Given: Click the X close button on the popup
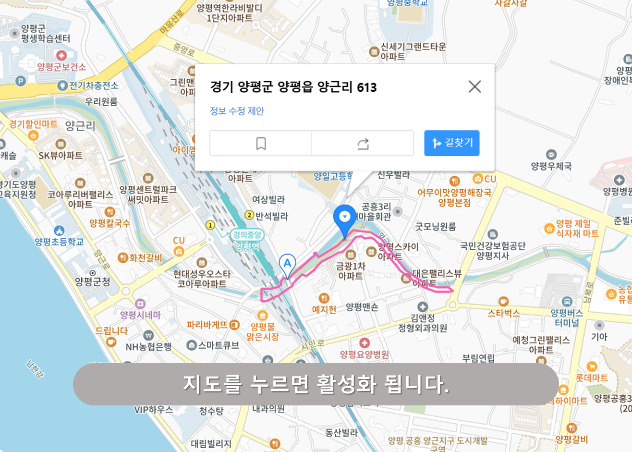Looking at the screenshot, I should [474, 86].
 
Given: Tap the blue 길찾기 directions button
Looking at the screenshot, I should [451, 143].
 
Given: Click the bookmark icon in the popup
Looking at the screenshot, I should [261, 143].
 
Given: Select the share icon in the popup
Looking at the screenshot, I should [363, 143].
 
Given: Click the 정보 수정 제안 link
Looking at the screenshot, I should [237, 111].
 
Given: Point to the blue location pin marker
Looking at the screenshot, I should [344, 219].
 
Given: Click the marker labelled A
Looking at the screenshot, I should [287, 264].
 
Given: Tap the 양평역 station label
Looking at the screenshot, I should [247, 246].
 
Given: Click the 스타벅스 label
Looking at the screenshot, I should [504, 313].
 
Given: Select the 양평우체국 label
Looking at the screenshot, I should [551, 166].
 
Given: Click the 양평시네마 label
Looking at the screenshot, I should [140, 315].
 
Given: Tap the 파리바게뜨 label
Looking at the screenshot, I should [207, 325].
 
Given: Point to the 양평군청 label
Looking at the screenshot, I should [92, 282].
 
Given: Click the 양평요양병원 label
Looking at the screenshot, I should [365, 354].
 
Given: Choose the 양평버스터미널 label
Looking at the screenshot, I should [567, 318].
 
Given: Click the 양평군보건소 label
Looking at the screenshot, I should [61, 66].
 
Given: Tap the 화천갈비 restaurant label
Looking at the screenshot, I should [145, 258].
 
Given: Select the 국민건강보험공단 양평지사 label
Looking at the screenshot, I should [492, 250].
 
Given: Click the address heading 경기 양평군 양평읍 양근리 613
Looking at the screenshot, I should [293, 87].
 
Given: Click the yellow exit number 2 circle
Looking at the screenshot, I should [249, 215].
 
